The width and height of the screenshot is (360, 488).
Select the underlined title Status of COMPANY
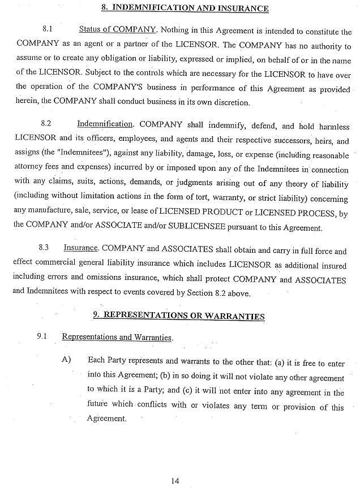(117, 30)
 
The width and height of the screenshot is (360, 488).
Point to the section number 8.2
(46, 123)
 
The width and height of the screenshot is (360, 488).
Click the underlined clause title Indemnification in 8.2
(105, 124)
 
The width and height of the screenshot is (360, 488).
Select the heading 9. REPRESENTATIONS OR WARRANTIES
(179, 316)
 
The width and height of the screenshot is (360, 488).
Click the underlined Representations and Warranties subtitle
(117, 337)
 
